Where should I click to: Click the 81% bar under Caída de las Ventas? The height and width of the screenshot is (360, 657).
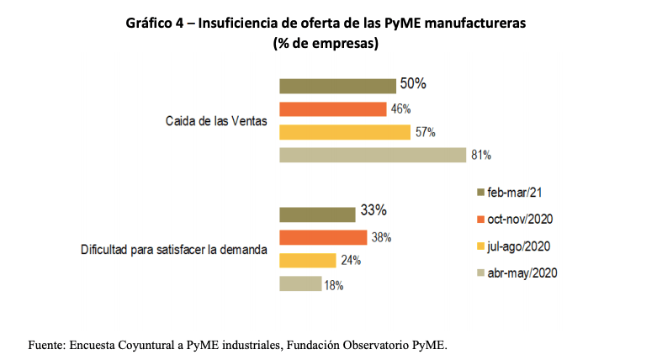372,155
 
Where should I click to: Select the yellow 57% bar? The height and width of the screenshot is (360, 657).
344,132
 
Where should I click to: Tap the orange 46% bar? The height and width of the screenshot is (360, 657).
332,109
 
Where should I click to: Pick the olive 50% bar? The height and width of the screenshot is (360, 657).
337,86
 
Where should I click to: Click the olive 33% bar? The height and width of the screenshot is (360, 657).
316,214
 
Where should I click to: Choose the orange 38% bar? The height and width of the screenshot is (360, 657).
323,237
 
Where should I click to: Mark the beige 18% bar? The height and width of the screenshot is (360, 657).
299,283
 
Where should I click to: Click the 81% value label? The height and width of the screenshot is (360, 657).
481,156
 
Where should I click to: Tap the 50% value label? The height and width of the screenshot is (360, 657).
413,84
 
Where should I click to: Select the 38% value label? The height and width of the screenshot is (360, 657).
382,237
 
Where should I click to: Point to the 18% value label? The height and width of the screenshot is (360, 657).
334,285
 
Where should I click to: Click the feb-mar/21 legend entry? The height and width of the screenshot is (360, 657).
514,192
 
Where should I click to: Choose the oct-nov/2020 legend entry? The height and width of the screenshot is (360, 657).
519,219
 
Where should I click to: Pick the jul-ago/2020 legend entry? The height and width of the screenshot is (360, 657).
518,246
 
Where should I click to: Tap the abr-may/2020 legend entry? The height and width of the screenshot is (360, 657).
522,273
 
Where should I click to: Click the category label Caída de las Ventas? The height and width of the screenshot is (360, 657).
216,121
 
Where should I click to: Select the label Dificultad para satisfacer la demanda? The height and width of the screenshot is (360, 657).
173,250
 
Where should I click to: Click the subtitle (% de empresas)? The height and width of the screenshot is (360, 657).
326,44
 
